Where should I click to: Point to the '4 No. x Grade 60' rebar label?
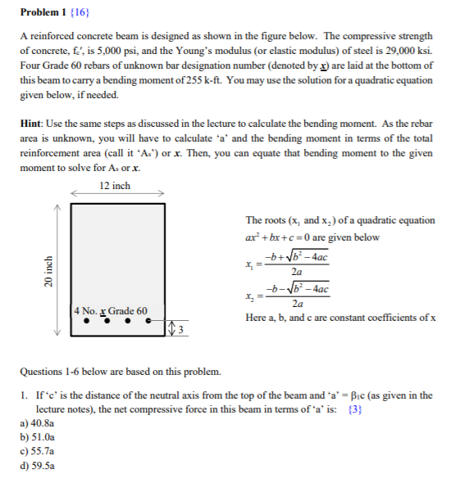point(110,311)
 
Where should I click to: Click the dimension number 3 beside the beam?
point(182,329)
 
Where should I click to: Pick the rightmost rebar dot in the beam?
point(148,322)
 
